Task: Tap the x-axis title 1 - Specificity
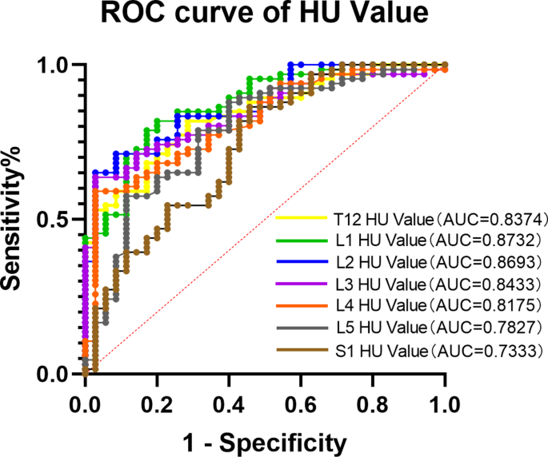pyautogui.click(x=266, y=440)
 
